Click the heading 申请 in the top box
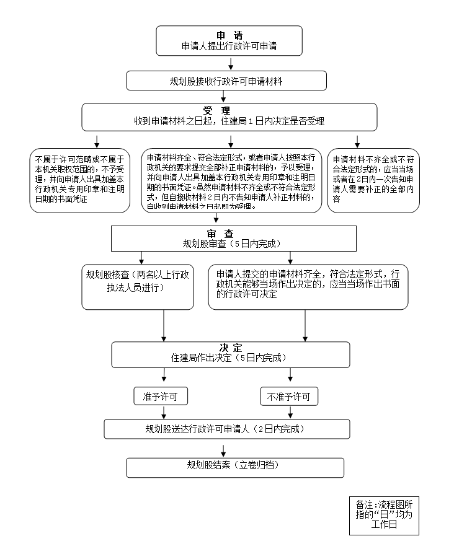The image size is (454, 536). pyautogui.click(x=229, y=35)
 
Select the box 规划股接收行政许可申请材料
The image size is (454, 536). pyautogui.click(x=226, y=81)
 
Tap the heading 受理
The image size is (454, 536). pyautogui.click(x=229, y=111)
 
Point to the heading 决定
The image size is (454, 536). pyautogui.click(x=230, y=347)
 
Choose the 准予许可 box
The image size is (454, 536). pyautogui.click(x=161, y=396)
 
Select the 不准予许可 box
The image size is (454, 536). pyautogui.click(x=289, y=396)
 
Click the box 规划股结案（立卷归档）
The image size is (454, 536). pyautogui.click(x=235, y=467)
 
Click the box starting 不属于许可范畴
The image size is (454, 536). pyautogui.click(x=80, y=180)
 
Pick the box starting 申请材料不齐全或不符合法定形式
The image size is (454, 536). pyautogui.click(x=373, y=180)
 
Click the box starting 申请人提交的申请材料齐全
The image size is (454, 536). pyautogui.click(x=308, y=287)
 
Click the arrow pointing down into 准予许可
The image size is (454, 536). pyautogui.click(x=164, y=375)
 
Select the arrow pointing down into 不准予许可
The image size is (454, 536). pyautogui.click(x=291, y=375)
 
